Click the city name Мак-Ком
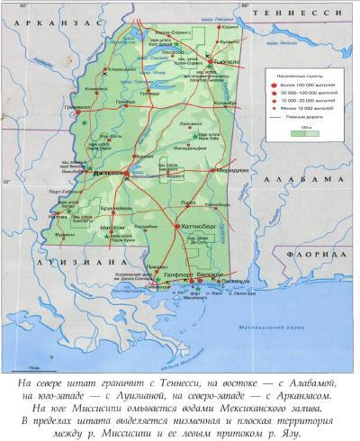(x=112, y=228)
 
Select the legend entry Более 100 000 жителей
(x=305, y=83)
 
